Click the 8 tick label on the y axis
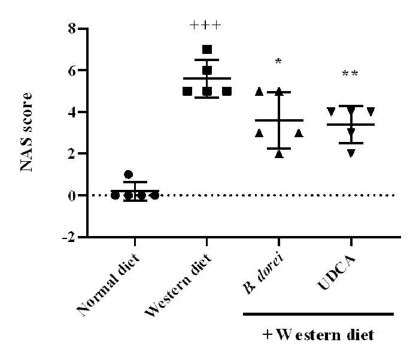72,28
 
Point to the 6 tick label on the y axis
72,70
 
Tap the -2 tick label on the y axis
68,237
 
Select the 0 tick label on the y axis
72,196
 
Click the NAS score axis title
26,132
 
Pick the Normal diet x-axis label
108,285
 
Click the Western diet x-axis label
178,285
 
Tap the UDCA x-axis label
336,272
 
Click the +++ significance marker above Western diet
206,25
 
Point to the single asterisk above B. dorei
278,62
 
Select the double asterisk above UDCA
350,74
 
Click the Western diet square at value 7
207,49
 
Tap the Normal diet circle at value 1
128,174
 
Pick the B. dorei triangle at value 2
279,154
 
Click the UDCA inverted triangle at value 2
351,153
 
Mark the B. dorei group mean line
279,120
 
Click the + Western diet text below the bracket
318,335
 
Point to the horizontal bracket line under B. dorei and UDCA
318,314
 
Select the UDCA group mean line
351,125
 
